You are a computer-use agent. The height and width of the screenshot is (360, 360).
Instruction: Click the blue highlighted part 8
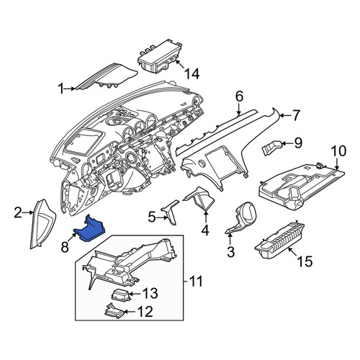[x=90, y=229]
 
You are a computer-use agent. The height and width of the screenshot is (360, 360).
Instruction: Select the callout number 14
[x=192, y=74]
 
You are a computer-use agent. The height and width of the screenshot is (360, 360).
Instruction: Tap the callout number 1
[x=61, y=89]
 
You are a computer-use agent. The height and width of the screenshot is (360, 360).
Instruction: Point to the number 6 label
[x=239, y=96]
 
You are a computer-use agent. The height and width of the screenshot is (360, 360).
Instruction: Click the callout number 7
[x=296, y=115]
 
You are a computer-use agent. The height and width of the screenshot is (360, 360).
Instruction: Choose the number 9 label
[x=298, y=143]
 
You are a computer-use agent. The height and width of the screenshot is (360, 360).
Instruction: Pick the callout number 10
[x=338, y=151]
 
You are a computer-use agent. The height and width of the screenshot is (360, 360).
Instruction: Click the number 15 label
[x=305, y=261]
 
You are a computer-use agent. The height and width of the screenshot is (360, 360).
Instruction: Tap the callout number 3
[x=230, y=252]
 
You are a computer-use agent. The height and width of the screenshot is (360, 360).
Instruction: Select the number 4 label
[x=205, y=230]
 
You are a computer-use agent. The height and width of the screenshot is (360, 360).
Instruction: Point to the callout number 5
[x=152, y=217]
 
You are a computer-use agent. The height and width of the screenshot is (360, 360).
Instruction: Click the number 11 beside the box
[x=196, y=281]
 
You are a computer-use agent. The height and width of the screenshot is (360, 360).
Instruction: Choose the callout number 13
[x=150, y=293]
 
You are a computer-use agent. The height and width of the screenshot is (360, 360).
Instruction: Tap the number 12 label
[x=145, y=312]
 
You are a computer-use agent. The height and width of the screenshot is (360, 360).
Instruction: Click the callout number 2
[x=18, y=212]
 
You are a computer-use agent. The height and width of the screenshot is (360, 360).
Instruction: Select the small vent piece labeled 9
[x=271, y=148]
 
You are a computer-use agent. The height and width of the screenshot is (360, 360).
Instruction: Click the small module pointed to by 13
[x=121, y=294]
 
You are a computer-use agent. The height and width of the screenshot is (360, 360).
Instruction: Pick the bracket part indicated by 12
[x=114, y=311]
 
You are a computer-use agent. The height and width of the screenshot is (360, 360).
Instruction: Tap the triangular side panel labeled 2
[x=42, y=224]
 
